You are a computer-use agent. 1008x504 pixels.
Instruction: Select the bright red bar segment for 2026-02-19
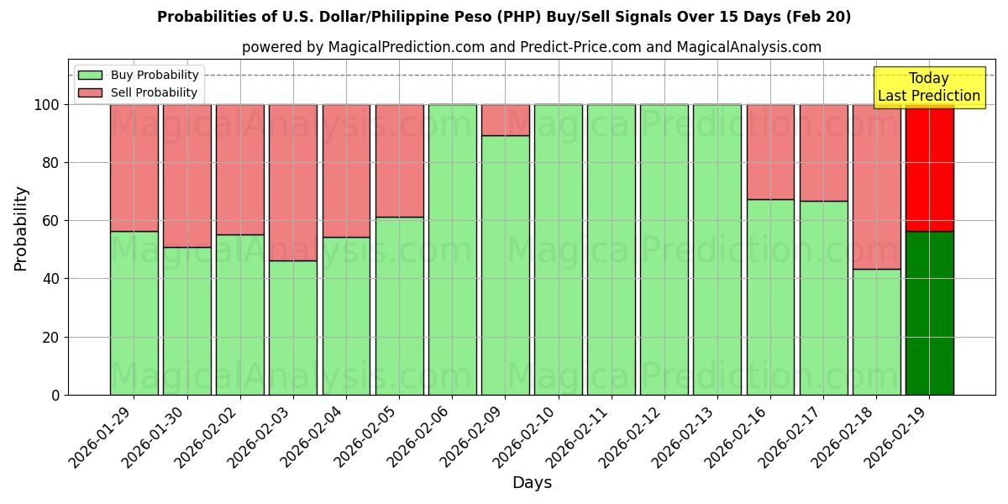(929, 168)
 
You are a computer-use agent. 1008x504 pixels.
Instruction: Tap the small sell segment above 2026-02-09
(505, 120)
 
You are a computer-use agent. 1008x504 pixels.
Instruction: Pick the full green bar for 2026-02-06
(452, 249)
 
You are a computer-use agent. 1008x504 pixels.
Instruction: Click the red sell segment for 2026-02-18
(876, 186)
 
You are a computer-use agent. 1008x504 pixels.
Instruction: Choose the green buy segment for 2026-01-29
(134, 312)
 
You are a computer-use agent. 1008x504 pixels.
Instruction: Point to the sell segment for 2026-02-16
(770, 152)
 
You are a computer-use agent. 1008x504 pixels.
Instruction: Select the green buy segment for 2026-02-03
(293, 328)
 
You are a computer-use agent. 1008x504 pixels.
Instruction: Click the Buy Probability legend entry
(139, 75)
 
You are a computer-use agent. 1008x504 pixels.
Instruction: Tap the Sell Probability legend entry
(139, 92)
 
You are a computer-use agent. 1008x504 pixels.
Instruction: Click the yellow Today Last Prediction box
(928, 87)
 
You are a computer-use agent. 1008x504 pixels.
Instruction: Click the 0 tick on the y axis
(56, 395)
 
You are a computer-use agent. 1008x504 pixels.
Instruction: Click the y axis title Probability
(21, 228)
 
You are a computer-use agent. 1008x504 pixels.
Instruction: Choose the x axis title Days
(532, 483)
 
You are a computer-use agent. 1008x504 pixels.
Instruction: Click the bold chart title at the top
(504, 17)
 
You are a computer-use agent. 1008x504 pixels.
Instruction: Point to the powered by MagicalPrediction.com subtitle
(532, 47)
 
